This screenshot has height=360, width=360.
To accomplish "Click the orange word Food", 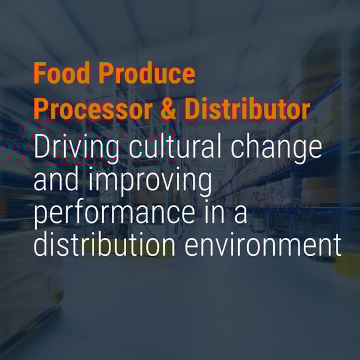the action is (62, 72).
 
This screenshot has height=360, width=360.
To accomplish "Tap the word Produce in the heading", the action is (147, 72).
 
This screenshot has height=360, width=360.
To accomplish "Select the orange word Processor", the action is (93, 109).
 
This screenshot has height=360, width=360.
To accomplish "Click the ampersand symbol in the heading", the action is (168, 109).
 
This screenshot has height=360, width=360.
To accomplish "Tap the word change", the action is (276, 149).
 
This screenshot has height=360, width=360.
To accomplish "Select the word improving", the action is (150, 182).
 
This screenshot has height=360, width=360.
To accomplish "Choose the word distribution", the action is (104, 244).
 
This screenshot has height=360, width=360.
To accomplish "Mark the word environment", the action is (263, 245).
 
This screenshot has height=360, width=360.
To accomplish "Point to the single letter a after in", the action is (240, 214).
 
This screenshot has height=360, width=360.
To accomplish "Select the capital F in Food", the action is (39, 72).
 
